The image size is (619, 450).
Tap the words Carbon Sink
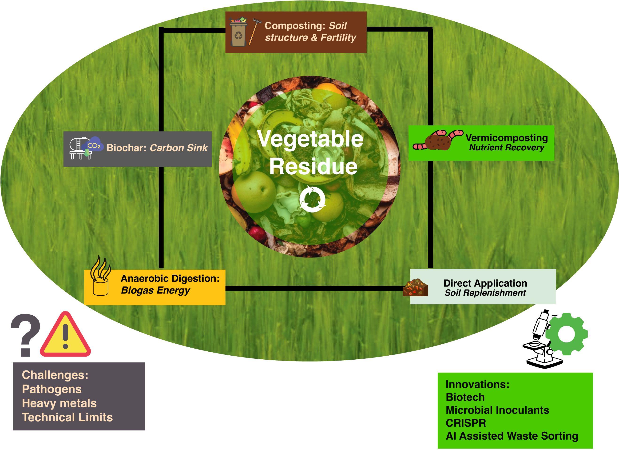[x=179, y=148]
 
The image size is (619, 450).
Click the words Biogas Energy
[x=155, y=290]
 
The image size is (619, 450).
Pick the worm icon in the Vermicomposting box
[x=436, y=140]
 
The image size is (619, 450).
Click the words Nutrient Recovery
[x=507, y=148]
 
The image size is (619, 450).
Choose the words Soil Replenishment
[x=485, y=293]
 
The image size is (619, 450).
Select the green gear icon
[x=566, y=334]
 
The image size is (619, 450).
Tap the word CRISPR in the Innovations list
[x=466, y=423]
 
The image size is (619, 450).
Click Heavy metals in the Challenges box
[x=59, y=403]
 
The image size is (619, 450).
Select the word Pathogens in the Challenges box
[x=52, y=389]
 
